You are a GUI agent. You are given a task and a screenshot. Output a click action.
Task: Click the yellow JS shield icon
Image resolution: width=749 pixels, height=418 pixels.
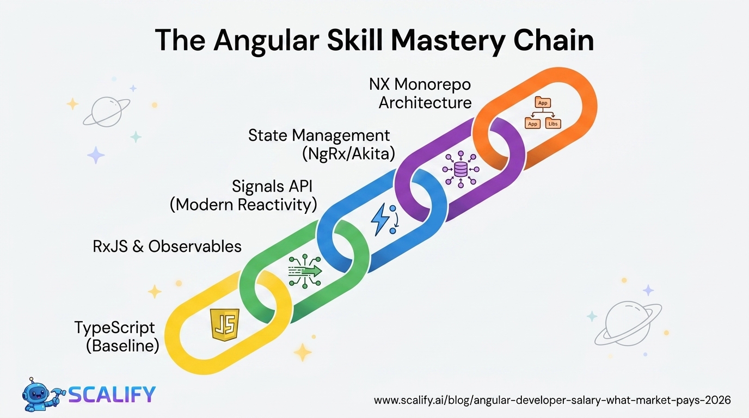[x=224, y=324]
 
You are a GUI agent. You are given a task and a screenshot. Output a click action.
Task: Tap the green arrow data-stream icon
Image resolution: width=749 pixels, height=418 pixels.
[x=305, y=271]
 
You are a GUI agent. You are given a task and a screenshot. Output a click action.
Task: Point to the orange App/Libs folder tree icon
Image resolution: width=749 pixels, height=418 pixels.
[x=542, y=113]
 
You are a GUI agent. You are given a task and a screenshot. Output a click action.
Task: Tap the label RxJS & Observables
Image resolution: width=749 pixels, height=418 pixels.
[x=167, y=247]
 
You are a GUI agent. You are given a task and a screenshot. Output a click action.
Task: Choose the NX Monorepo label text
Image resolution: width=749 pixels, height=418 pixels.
[x=419, y=84]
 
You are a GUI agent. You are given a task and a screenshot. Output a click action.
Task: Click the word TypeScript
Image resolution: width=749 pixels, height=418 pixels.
[x=114, y=328]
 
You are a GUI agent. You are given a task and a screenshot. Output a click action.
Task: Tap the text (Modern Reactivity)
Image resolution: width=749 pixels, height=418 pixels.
[x=243, y=205]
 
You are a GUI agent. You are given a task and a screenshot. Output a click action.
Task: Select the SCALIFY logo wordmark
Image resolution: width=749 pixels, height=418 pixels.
[x=112, y=394]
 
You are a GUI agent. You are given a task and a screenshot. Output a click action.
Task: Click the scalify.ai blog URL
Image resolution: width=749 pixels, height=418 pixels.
[x=552, y=401]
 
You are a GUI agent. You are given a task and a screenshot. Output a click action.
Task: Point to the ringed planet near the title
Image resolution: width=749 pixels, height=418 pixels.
[x=107, y=112]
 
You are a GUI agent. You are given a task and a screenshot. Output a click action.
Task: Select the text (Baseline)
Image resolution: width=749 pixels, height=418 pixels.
[x=122, y=346]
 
